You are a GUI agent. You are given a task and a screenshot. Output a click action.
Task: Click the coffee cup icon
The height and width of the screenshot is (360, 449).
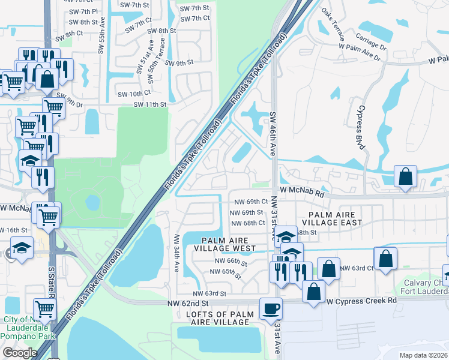(270, 310)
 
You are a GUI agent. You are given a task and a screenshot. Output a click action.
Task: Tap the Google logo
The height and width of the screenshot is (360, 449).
(20, 353)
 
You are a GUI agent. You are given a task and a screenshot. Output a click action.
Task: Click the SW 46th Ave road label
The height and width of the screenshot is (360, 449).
(273, 134)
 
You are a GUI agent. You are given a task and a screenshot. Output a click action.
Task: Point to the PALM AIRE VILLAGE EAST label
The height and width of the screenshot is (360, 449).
(336, 218)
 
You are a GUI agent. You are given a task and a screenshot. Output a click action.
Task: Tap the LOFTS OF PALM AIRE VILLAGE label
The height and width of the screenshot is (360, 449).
(217, 319)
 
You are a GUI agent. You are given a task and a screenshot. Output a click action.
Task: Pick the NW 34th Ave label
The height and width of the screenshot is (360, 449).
(177, 251)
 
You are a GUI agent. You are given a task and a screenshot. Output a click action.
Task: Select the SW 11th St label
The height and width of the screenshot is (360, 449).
(149, 104)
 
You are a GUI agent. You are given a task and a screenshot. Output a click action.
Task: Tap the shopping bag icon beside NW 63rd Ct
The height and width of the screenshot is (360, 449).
(387, 259)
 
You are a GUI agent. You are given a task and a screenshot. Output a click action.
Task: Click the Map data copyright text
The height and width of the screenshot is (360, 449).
(423, 355)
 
